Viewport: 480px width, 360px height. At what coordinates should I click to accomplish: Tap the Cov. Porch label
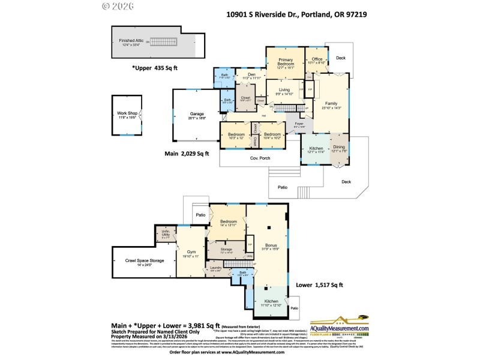[260, 158]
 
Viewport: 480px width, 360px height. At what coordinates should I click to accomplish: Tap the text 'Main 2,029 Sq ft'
[187, 154]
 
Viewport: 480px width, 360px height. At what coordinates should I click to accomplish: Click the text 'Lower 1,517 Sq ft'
[320, 285]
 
